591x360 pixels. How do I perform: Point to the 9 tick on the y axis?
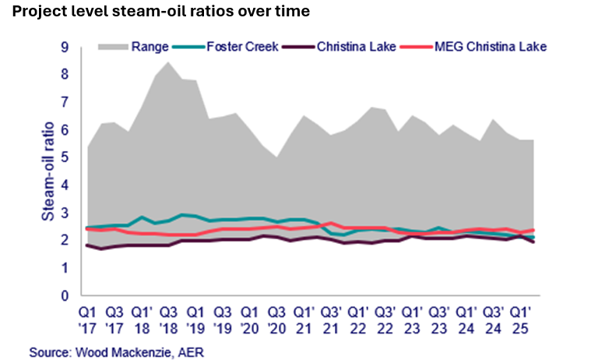click(76, 48)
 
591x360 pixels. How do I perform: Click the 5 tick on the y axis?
click(76, 157)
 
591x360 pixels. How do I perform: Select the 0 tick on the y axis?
click(76, 296)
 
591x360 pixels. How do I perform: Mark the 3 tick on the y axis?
click(76, 213)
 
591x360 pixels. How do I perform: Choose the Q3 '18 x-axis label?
click(171, 316)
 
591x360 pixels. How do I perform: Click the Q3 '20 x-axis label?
click(278, 316)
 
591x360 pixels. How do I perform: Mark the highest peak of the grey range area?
click(168, 62)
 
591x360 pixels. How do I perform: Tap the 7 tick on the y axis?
click(76, 102)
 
